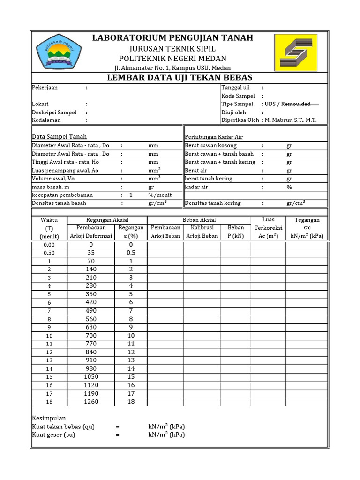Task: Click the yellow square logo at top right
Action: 295,52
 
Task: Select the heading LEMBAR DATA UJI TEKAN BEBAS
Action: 180,77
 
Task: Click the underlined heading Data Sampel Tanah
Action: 59,137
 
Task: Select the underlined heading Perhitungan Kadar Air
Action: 214,137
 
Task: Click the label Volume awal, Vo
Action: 53,179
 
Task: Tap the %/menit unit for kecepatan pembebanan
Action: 160,195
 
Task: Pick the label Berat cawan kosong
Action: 210,145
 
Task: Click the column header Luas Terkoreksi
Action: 269,228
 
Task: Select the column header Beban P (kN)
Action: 236,232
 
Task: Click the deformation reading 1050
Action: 91,377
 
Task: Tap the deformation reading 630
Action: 91,327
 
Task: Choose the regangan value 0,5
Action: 131,253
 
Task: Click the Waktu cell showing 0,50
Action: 49,253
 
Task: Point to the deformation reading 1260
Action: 91,402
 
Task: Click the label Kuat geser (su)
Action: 53,435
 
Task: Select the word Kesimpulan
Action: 49,418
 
